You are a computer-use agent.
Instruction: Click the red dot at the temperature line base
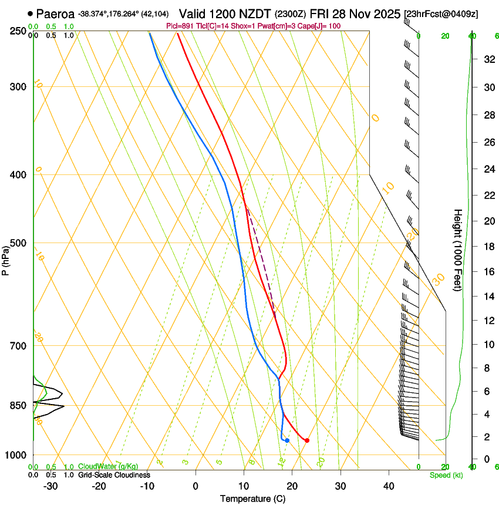coord(307,440)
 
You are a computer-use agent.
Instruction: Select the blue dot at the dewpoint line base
coord(287,440)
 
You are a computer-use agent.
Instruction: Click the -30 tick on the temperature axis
coord(50,486)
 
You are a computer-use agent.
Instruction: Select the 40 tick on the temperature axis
coord(389,486)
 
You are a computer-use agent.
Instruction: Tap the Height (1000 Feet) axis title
coord(458,250)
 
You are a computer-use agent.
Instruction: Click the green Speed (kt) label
coord(446,475)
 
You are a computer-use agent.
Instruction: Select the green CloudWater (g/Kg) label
coord(108,467)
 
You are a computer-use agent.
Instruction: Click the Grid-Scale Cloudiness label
coord(114,475)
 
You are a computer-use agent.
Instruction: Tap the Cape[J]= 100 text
coord(320,26)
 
